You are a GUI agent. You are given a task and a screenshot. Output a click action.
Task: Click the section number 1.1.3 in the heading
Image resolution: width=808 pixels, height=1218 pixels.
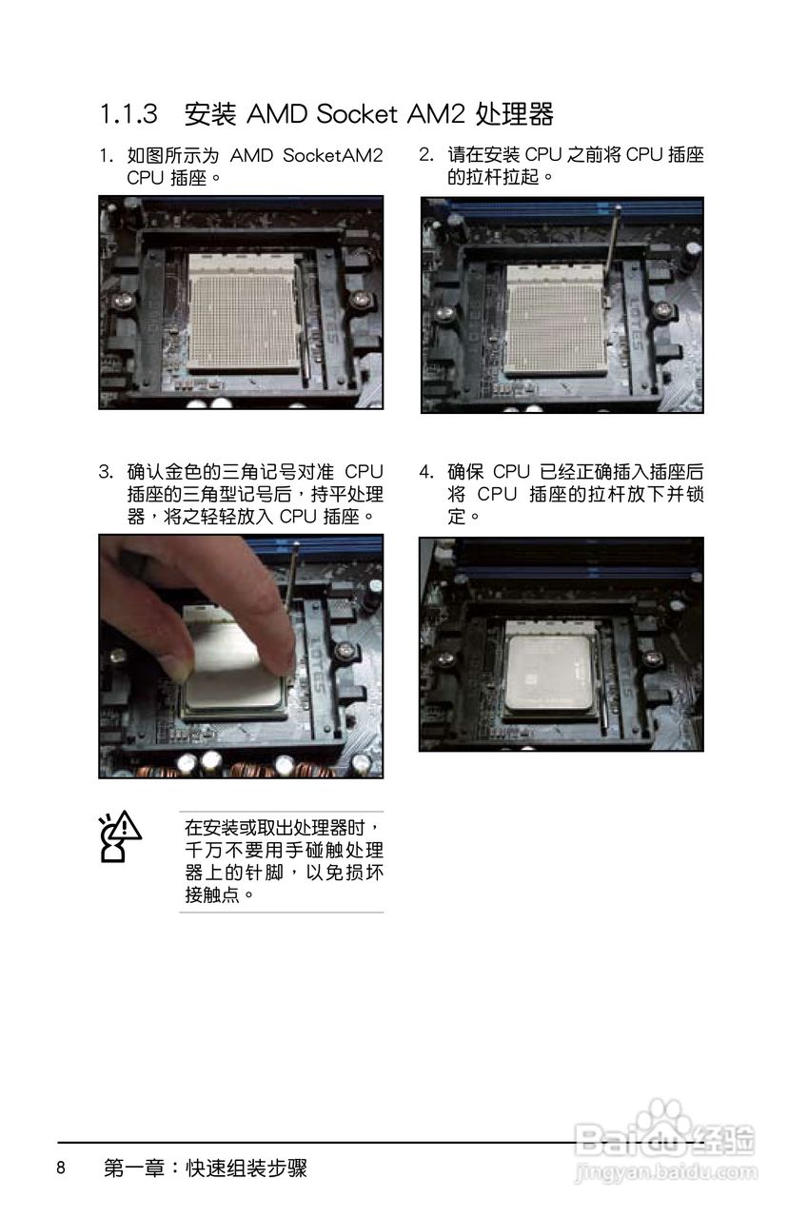point(128,114)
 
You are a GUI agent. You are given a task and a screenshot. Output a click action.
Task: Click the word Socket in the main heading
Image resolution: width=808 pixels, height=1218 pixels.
point(357,114)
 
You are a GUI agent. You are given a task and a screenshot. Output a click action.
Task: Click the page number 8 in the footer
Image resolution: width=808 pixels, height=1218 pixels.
point(61,1167)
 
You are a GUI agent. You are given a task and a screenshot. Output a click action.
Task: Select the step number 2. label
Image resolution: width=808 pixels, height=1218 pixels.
point(426,155)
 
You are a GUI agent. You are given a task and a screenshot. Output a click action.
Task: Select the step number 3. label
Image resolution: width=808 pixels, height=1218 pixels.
point(106,471)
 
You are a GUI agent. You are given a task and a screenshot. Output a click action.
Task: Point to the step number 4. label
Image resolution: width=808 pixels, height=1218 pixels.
point(426,471)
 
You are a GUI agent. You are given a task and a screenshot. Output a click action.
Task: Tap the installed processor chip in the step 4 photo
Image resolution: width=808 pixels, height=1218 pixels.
point(549,674)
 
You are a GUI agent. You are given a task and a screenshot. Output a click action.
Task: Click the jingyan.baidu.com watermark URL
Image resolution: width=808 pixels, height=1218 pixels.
point(665,1170)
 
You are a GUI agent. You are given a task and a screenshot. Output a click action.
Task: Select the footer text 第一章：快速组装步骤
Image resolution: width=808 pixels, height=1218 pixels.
point(206,1168)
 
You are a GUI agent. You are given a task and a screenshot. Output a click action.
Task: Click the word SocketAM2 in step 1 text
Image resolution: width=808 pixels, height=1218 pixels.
point(333,155)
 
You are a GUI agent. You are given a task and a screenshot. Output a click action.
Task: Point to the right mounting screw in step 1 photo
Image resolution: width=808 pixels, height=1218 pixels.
point(360,299)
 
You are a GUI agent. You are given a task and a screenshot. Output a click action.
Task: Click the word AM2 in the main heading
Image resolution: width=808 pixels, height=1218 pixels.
point(436,114)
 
